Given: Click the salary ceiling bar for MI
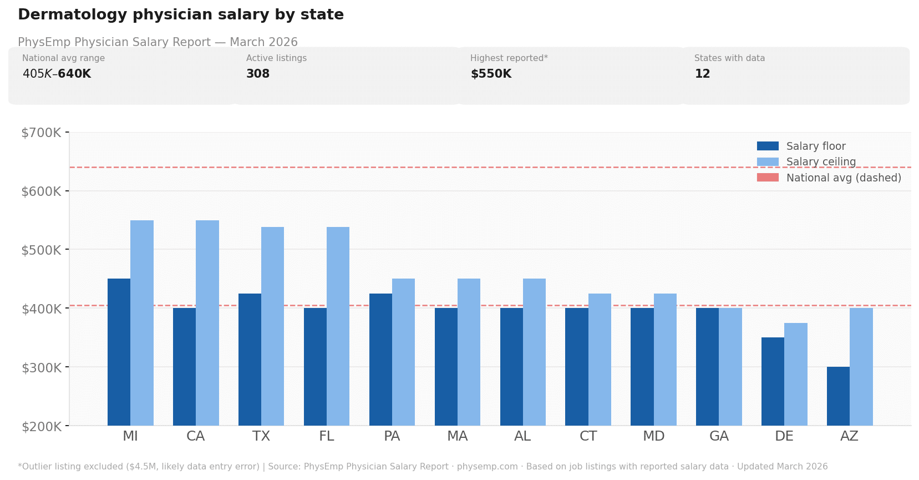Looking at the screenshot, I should pos(142,323).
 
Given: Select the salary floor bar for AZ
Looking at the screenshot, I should pos(838,396).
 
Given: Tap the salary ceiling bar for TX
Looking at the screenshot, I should pos(272,326).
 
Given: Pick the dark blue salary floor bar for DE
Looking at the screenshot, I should pos(773,381).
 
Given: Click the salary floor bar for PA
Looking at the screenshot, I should pos(380,360).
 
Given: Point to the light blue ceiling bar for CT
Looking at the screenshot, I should pos(600,360).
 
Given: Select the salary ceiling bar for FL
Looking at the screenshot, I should pos(338,326).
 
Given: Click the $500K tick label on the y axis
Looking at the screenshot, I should pos(41,250).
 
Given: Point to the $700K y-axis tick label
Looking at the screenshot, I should pos(41,133).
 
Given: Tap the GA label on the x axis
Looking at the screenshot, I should pos(719,436).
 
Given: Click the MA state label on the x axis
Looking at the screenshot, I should pos(457,436).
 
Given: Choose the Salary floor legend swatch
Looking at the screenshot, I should pos(768,146).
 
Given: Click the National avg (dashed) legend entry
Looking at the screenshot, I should pos(843,178).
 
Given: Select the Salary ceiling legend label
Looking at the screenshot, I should pos(821,162).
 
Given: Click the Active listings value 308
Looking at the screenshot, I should pos(258,74).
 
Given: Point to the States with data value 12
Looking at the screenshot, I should pos(702,74).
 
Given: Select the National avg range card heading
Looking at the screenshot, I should pos(63,58).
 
